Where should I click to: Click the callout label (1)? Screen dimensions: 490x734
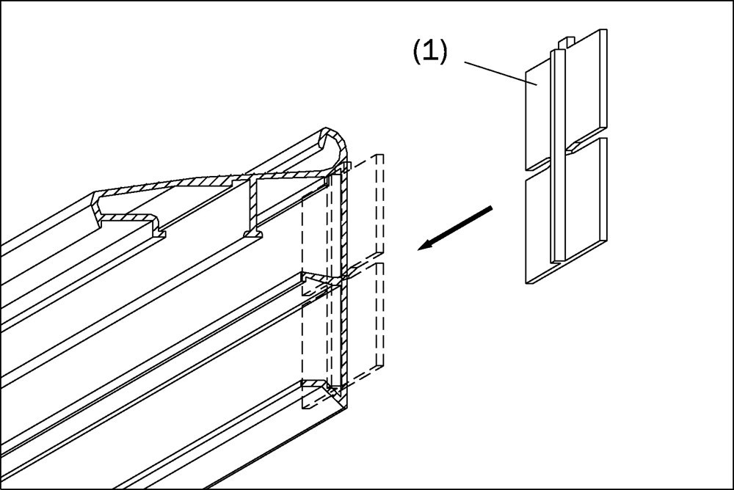pos(429,53)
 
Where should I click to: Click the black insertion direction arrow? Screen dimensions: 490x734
pos(455,229)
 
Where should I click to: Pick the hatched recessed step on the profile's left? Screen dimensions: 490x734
pos(128,217)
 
